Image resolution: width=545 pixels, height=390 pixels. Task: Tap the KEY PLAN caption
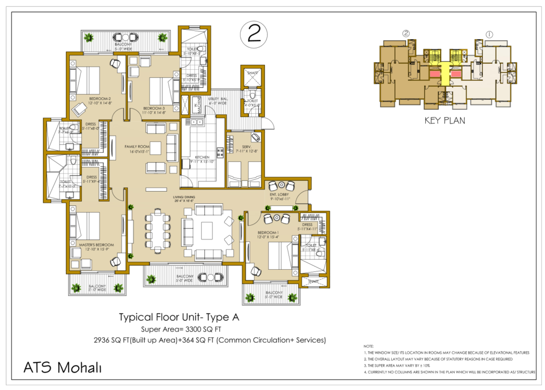444,121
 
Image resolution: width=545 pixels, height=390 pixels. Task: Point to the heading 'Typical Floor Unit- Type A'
179,318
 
